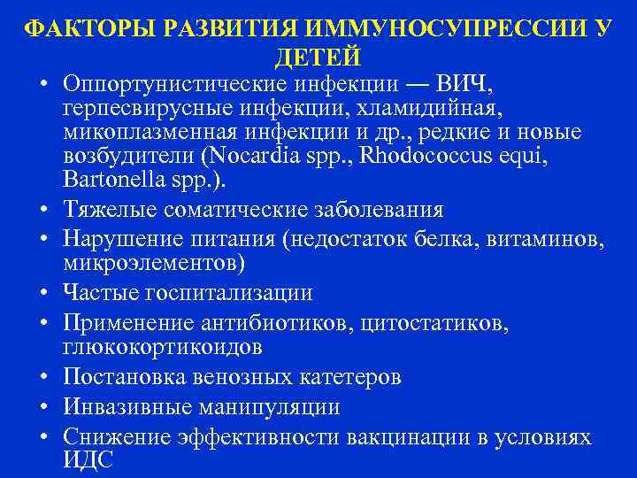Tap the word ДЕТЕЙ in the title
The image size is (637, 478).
(318, 58)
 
